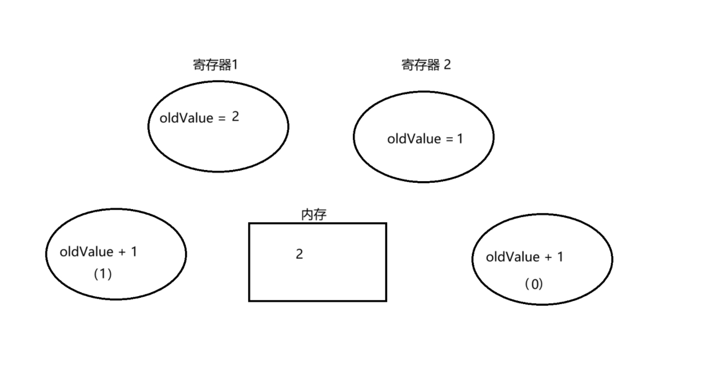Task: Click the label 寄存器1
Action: pyautogui.click(x=215, y=65)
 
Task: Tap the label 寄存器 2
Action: pyautogui.click(x=426, y=65)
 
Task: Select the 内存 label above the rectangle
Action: pyautogui.click(x=314, y=214)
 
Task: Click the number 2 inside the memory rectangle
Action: pyautogui.click(x=300, y=254)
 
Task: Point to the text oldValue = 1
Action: pyautogui.click(x=425, y=139)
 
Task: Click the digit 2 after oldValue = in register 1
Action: pyautogui.click(x=236, y=117)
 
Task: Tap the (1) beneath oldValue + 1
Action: pyautogui.click(x=102, y=274)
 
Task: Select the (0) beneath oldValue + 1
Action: pyautogui.click(x=534, y=285)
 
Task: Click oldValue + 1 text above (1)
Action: pyautogui.click(x=98, y=252)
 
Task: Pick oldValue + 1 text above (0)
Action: pyautogui.click(x=525, y=257)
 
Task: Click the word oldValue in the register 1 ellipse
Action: pyautogui.click(x=185, y=118)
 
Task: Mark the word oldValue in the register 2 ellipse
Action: pyautogui.click(x=414, y=139)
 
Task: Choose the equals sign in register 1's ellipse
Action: pyautogui.click(x=221, y=119)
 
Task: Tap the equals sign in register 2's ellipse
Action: pyautogui.click(x=450, y=139)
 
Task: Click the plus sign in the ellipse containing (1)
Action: pyautogui.click(x=122, y=252)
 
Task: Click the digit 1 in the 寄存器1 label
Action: pyautogui.click(x=235, y=65)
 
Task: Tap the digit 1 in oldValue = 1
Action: pyautogui.click(x=460, y=139)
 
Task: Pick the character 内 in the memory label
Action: pyautogui.click(x=307, y=214)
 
